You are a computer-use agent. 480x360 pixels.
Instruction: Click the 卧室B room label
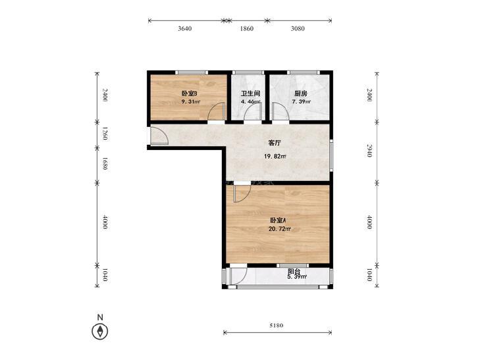tap(189, 93)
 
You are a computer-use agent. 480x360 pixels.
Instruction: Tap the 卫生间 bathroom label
tap(250, 93)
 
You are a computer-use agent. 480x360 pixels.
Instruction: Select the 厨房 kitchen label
tap(301, 93)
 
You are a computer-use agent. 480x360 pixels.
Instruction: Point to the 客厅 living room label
tap(275, 143)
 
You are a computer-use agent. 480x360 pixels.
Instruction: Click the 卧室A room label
tap(278, 220)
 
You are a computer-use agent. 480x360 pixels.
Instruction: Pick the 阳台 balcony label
tap(294, 271)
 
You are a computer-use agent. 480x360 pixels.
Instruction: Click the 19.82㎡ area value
tap(275, 156)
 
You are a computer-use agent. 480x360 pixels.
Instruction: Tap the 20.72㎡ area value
tap(279, 228)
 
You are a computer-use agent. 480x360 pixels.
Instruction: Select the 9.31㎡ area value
tap(190, 101)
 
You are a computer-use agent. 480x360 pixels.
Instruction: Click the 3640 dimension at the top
tap(184, 28)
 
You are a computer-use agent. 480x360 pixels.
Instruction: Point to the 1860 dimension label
tap(246, 28)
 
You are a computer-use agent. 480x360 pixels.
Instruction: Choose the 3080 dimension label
tap(298, 28)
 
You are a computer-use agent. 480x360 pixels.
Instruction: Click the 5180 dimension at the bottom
tap(276, 325)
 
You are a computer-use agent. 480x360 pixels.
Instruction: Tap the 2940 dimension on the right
tap(369, 151)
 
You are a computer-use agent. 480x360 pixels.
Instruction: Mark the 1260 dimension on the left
tap(105, 134)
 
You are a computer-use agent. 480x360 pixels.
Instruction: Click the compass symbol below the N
tap(100, 331)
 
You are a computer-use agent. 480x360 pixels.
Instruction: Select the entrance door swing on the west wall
tap(159, 136)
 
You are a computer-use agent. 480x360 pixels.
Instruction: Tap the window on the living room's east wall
tap(331, 155)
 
